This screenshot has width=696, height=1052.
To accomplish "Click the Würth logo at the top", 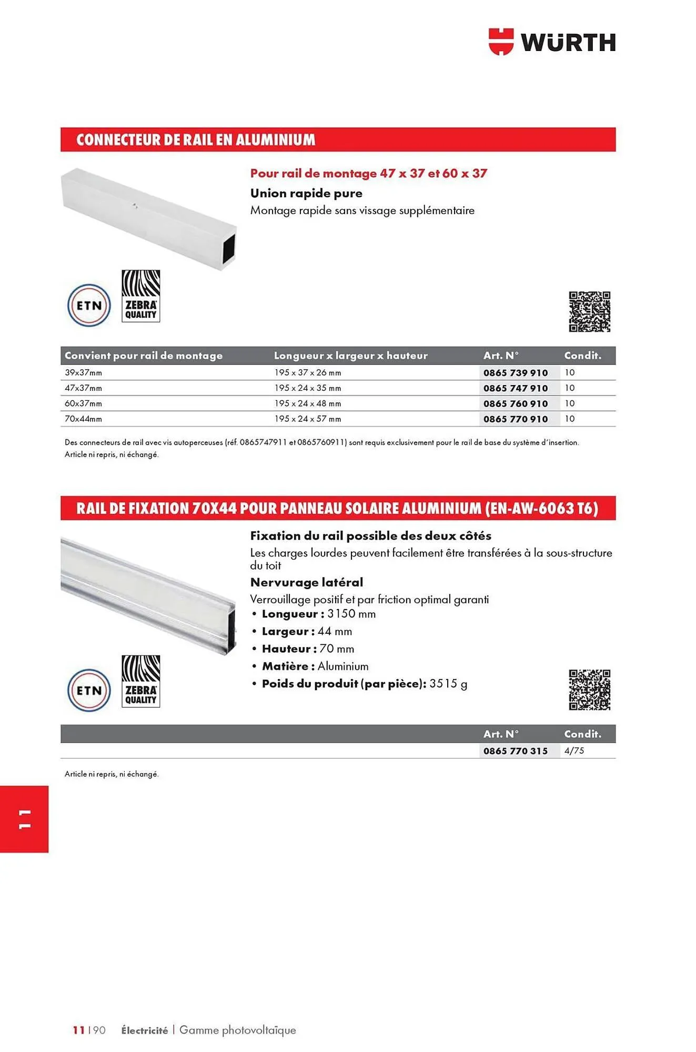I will coord(552,42).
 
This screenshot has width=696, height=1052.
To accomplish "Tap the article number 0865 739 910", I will coord(516,373).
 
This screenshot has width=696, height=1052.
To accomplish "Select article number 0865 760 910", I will coord(516,404).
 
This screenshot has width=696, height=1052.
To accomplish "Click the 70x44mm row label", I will coord(83,419).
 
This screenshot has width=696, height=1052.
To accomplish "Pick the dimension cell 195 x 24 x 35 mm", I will coord(307,388).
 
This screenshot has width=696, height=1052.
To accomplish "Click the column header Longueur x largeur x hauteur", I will coord(350,356).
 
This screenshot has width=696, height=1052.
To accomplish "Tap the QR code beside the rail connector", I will coord(589,312).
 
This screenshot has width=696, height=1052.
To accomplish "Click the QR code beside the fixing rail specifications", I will coord(589,690).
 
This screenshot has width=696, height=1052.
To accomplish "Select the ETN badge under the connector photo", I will coord(89,306).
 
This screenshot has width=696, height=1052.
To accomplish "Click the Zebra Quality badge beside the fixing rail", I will coord(140,681).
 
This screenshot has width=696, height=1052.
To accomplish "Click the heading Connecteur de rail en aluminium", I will coord(196,140).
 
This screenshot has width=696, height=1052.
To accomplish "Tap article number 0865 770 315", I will coord(516,751).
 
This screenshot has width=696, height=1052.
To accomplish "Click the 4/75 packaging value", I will coord(574,751).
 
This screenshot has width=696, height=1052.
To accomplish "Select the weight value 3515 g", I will coord(448,684).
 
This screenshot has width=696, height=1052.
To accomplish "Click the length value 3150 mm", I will coord(351,614).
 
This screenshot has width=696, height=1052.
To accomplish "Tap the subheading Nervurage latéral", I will coord(307,582).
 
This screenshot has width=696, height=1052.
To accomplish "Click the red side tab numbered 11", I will coord(24,819).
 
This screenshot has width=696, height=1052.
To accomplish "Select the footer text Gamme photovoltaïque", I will coord(238,1030).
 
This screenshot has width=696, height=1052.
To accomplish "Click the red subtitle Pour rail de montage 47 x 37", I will coord(368,174).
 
